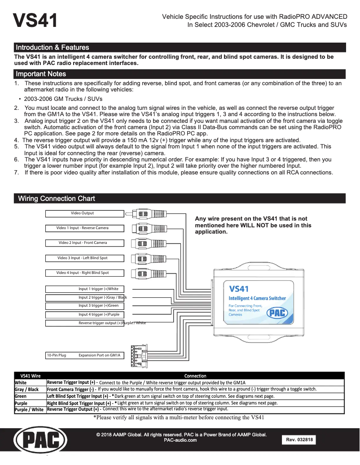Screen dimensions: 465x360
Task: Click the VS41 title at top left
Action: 35,20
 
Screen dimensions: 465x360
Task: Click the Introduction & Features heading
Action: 52,48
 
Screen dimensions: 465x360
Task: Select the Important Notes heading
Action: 41,74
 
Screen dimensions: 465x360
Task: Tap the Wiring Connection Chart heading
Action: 56,199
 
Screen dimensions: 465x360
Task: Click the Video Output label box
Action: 83,213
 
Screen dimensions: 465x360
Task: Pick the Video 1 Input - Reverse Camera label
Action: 83,228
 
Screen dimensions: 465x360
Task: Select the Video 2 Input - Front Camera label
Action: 83,243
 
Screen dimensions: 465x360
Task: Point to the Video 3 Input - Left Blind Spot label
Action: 83,258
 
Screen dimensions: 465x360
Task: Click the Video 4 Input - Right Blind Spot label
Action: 83,273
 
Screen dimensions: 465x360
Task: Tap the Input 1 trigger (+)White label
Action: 98,289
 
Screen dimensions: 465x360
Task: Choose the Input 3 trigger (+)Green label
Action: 98,306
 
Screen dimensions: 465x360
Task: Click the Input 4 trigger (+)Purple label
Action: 99,315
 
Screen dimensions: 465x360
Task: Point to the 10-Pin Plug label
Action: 57,356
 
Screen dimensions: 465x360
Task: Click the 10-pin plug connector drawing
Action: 136,356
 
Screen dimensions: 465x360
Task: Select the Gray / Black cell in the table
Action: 27,390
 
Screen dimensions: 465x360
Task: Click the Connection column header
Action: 195,376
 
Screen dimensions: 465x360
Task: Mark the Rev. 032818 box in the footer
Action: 299,440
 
